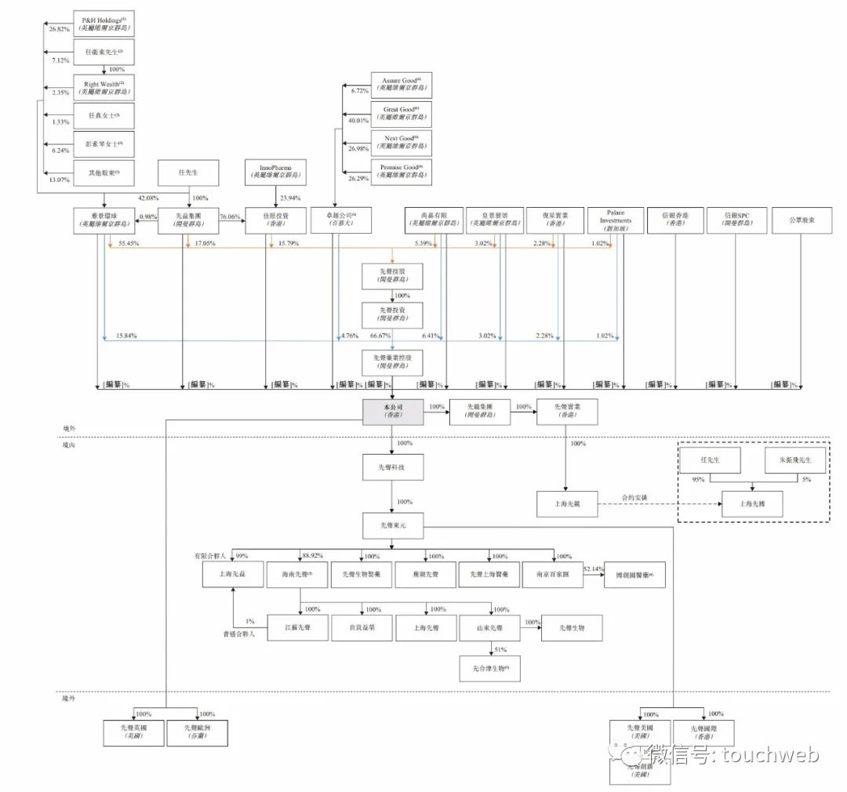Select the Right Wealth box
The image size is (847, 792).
pyautogui.click(x=104, y=86)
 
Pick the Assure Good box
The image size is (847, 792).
pyautogui.click(x=402, y=85)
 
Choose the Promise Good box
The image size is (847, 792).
pyautogui.click(x=402, y=173)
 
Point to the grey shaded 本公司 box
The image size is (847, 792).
pyautogui.click(x=393, y=412)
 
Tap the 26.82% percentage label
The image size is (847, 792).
pyautogui.click(x=60, y=28)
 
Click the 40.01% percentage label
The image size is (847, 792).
pyautogui.click(x=358, y=121)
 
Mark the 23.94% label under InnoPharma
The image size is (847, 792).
pyautogui.click(x=289, y=198)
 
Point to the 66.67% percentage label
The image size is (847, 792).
pyautogui.click(x=380, y=336)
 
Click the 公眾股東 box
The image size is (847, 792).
pyautogui.click(x=802, y=220)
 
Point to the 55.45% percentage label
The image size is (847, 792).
pyautogui.click(x=129, y=245)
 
